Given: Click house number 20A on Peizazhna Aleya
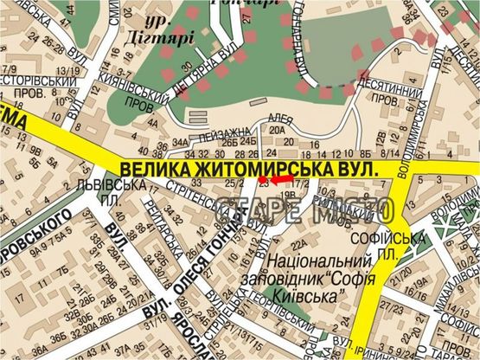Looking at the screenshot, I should pyautogui.click(x=278, y=132).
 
